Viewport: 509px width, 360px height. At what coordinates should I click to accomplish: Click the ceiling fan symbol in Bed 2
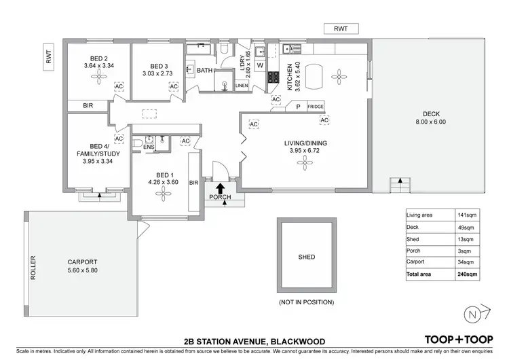point(98,77)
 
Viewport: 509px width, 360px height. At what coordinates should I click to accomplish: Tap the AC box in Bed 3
point(174,86)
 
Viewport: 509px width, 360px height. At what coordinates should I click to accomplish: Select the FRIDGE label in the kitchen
point(316,107)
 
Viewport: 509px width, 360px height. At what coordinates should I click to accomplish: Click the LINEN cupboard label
point(242,86)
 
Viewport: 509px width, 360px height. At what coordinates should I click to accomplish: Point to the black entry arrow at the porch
point(221,188)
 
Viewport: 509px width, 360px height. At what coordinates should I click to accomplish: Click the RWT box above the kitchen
point(341,29)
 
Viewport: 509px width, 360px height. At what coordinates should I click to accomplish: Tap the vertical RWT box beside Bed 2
point(49,57)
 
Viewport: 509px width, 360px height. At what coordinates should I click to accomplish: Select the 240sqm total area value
point(467,274)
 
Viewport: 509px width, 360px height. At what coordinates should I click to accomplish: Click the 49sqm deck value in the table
point(466,228)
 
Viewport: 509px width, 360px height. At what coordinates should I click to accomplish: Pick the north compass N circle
point(472,314)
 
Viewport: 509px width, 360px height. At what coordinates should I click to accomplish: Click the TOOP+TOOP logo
point(459,340)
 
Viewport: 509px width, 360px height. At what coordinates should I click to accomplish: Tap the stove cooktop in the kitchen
point(274,77)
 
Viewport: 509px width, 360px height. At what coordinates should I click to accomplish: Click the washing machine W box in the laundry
point(260,65)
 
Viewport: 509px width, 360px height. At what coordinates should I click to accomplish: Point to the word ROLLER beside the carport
point(33,268)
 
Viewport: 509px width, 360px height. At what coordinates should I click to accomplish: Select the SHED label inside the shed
point(307,257)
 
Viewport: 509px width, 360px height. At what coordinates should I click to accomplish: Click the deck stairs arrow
point(400,181)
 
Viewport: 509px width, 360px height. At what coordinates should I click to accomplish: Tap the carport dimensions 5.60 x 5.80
point(82,270)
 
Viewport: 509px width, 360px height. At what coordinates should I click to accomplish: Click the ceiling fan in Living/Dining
point(305,162)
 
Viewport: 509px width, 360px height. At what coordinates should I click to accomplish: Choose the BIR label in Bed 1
point(194,183)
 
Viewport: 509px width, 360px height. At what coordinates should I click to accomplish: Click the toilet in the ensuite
point(137,143)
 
